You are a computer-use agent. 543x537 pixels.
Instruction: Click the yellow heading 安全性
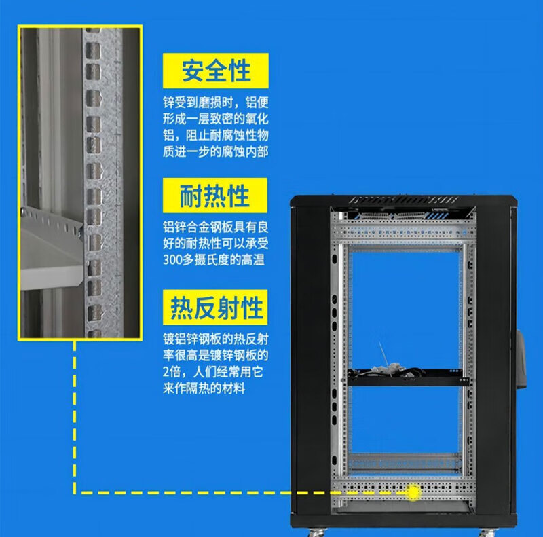[216, 70]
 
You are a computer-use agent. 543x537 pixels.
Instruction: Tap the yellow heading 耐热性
[215, 197]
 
